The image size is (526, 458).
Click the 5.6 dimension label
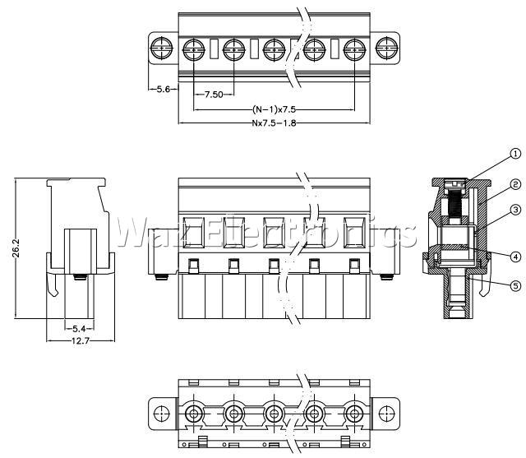(x=164, y=90)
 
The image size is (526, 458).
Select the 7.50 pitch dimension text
(x=214, y=95)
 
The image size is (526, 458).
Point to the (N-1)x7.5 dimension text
(x=274, y=109)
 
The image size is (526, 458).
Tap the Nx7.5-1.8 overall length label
(x=274, y=123)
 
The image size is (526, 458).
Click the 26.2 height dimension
(x=16, y=248)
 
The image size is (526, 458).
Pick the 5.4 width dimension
(x=79, y=328)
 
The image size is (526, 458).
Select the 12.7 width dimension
(x=81, y=341)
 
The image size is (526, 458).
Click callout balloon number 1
(x=515, y=154)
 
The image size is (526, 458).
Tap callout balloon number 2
(x=515, y=184)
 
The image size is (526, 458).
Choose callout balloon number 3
(x=515, y=210)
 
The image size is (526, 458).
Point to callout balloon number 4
(x=515, y=257)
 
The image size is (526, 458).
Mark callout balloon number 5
(x=515, y=285)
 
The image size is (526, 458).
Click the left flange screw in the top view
(x=162, y=49)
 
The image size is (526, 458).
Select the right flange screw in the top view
(x=386, y=49)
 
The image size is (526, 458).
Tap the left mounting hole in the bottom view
(x=162, y=414)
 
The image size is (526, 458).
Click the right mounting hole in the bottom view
(x=386, y=414)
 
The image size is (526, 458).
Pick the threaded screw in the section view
(x=455, y=202)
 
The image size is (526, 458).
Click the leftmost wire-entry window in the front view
(x=194, y=232)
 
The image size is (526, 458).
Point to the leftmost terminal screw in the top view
(x=194, y=50)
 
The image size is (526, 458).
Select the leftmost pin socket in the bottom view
(x=194, y=414)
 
